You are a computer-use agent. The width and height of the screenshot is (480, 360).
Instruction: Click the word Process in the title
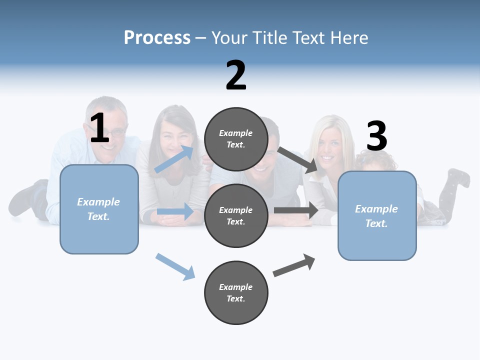click(157, 37)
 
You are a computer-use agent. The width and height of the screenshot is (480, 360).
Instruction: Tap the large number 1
click(99, 128)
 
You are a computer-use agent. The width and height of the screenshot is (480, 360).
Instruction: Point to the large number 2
click(236, 75)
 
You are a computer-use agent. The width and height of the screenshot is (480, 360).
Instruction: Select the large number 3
click(376, 136)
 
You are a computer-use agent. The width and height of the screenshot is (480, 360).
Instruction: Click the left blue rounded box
click(99, 209)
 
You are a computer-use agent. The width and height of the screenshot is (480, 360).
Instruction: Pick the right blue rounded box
click(377, 216)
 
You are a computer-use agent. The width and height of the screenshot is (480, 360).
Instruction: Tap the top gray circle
click(236, 139)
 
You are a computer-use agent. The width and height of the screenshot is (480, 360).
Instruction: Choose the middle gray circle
click(236, 215)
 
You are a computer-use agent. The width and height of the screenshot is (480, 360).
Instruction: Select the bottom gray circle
click(236, 292)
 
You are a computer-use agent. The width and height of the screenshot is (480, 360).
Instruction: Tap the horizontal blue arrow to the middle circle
click(175, 211)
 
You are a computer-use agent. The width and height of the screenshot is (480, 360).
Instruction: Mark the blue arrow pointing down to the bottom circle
click(175, 266)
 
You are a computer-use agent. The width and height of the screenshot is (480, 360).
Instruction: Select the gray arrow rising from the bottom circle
click(294, 265)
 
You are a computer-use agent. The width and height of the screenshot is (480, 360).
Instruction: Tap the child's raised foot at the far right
click(459, 177)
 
